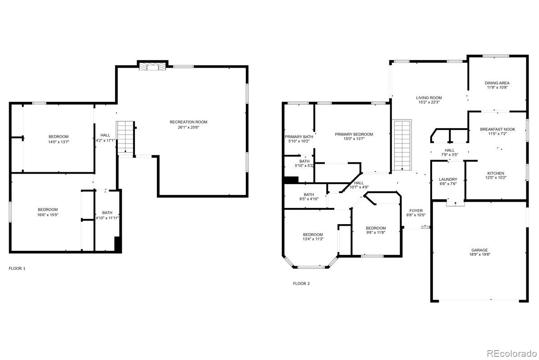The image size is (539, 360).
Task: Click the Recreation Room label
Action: tap(189, 122)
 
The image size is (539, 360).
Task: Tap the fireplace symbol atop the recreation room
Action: tap(152, 67)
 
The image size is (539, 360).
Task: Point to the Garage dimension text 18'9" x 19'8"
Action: tap(479, 255)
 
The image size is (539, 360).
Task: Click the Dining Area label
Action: tap(497, 83)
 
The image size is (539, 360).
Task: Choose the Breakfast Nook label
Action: tap(497, 129)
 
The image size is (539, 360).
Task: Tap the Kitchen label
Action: tap(495, 173)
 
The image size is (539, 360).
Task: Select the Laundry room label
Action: tap(448, 179)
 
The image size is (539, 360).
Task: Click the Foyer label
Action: tap(416, 211)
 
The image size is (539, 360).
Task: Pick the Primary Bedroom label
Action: tap(354, 134)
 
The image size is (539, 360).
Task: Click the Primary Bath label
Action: tap(299, 137)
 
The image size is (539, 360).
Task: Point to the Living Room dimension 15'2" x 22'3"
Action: tap(428, 102)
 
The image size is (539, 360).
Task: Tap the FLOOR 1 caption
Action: tap(17, 268)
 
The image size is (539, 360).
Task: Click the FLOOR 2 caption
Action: tap(301, 284)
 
